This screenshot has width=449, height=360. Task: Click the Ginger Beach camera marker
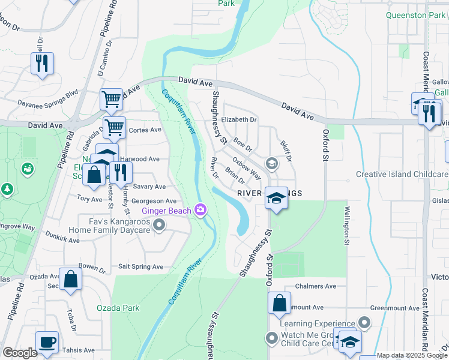pyautogui.click(x=200, y=209)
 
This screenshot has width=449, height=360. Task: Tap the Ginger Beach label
pyautogui.click(x=166, y=210)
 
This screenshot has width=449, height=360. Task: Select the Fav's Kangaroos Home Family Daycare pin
pyautogui.click(x=159, y=226)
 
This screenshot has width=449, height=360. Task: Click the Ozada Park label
pyautogui.click(x=118, y=308)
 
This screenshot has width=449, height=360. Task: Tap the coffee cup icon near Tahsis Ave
pyautogui.click(x=47, y=343)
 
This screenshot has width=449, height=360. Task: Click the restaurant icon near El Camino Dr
pyautogui.click(x=42, y=64)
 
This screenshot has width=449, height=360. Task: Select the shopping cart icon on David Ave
pyautogui.click(x=112, y=100)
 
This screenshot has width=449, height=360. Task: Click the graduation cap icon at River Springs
pyautogui.click(x=276, y=199)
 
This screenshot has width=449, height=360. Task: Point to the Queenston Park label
pyautogui.click(x=416, y=16)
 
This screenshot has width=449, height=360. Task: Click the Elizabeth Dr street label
pyautogui.click(x=239, y=119)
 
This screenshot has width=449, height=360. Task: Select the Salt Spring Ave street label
pyautogui.click(x=140, y=266)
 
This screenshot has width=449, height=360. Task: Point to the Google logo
pyautogui.click(x=20, y=353)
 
